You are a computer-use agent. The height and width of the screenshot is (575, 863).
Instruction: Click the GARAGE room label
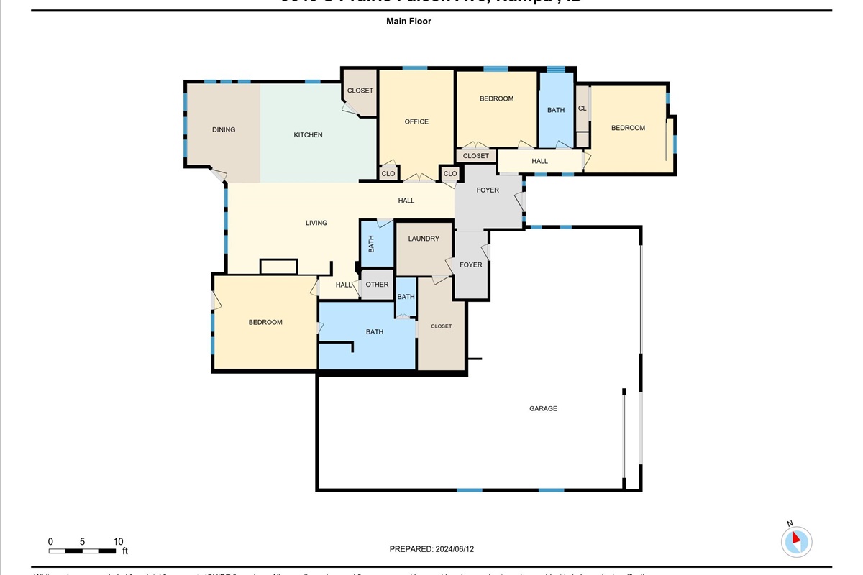543,408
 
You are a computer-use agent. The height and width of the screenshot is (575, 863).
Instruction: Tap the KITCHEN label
308,135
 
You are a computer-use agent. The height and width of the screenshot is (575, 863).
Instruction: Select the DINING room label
224,130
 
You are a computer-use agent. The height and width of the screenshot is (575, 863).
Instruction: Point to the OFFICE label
416,121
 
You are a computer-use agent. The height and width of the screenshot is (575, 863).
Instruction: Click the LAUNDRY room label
423,239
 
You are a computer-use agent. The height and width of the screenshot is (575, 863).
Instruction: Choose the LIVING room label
316,223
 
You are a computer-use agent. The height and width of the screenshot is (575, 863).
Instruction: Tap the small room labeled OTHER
377,285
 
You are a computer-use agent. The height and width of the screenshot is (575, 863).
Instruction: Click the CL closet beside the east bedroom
582,109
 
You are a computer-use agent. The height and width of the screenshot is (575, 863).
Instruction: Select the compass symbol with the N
796,540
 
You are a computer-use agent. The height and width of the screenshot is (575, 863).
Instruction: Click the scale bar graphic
83,551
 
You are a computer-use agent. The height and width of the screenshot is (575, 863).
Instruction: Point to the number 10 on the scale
118,541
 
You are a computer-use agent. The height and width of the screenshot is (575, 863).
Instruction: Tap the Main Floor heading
408,22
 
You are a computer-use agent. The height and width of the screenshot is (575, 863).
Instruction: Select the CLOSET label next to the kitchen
360,91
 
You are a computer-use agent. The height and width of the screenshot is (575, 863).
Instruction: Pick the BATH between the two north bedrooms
556,110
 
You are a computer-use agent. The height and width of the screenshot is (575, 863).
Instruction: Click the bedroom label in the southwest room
265,322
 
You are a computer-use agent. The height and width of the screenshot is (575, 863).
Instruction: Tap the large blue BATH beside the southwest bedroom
374,332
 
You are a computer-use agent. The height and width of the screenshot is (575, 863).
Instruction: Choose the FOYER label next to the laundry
471,265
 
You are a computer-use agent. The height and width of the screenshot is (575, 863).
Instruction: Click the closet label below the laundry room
441,326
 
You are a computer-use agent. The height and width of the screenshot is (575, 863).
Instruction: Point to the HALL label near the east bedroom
539,162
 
